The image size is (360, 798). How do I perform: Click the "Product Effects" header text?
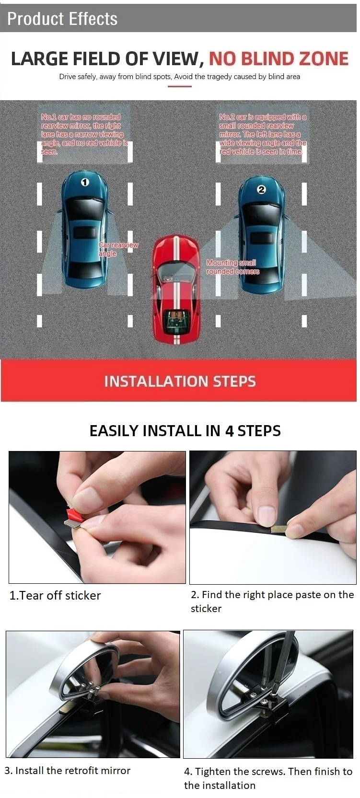tap(62, 19)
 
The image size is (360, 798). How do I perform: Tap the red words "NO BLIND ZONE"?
tap(279, 59)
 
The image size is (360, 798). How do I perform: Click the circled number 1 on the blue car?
tap(84, 183)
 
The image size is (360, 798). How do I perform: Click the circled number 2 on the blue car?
tap(261, 189)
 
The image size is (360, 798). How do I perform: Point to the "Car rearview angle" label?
tap(118, 249)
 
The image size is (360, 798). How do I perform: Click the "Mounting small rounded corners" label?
tap(233, 267)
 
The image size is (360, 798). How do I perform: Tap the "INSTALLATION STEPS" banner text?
tap(180, 381)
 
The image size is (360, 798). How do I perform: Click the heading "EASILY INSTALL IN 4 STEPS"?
tap(185, 431)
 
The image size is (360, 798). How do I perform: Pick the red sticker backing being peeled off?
tap(75, 514)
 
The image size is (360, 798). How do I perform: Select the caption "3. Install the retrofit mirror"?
tap(68, 771)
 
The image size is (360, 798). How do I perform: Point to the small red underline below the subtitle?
tap(180, 86)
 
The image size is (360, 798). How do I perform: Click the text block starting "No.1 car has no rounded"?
tap(84, 134)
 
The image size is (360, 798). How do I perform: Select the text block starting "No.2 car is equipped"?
tap(263, 134)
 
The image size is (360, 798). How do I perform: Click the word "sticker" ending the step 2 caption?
tap(206, 609)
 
